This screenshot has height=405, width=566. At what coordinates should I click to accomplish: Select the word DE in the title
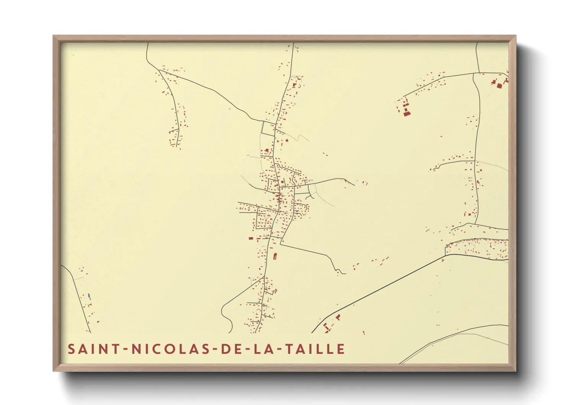(x=229, y=349)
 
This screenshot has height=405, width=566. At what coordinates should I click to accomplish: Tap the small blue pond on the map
(x=89, y=296)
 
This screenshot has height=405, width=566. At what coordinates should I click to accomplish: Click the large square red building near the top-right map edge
(x=499, y=86)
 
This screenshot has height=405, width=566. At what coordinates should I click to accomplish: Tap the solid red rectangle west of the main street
(x=251, y=238)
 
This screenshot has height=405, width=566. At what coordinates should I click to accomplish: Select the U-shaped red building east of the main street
(x=275, y=256)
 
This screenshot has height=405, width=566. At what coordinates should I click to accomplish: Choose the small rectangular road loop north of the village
(x=268, y=129)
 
